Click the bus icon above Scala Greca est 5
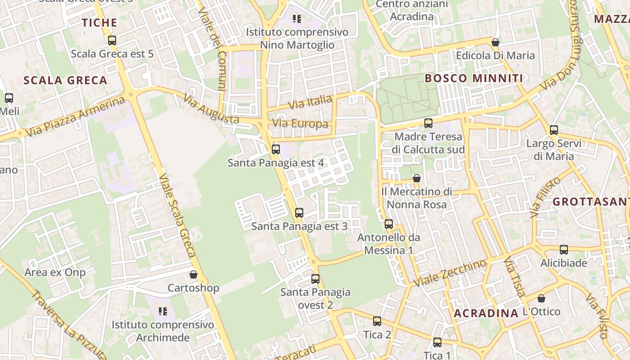pos(112,40)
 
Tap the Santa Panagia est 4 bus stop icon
pos(276,149)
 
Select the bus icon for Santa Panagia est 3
pos(299,213)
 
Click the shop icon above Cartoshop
pos(193,274)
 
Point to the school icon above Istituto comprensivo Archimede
pos(162,311)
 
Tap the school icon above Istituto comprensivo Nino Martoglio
pos(297,19)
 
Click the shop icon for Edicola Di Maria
pos(495,42)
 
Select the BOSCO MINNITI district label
pos(474,78)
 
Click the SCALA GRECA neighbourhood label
pos(65,81)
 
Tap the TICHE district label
pos(99,22)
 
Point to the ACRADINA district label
pos(486,313)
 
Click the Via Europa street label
pos(300,124)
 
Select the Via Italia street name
pos(310,102)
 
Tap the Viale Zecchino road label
pos(450,273)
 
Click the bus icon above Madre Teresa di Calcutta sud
pos(428,123)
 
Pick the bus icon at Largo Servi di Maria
pos(554,130)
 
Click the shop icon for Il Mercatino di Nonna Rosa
pos(417,178)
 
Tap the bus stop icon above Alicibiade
pos(564,250)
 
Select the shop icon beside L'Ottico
pos(541,298)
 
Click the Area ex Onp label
pos(55,272)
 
